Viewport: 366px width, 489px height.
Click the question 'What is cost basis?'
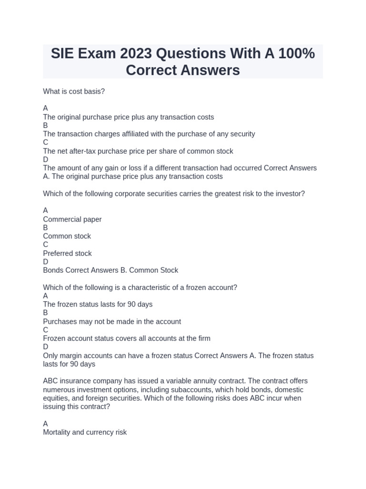click(74, 91)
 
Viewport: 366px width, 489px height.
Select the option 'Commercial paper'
click(72, 219)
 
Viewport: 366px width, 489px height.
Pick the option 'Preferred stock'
click(67, 253)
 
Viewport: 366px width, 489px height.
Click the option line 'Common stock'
click(67, 236)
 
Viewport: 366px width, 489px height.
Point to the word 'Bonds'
click(53, 270)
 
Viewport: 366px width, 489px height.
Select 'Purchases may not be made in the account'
click(112, 321)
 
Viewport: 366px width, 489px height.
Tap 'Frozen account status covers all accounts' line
click(126, 338)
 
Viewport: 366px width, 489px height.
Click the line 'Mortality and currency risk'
click(85, 432)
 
